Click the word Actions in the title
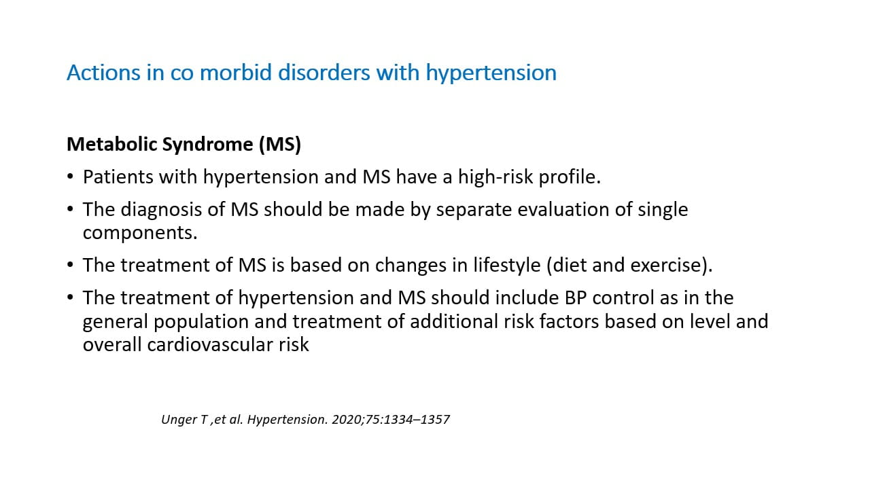point(103,73)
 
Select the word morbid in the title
point(235,73)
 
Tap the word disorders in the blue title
point(324,73)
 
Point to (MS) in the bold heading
point(280,145)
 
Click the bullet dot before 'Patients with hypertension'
point(70,177)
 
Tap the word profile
point(570,177)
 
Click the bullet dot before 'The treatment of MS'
point(70,265)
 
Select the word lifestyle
point(506,265)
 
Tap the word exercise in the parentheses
point(665,266)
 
